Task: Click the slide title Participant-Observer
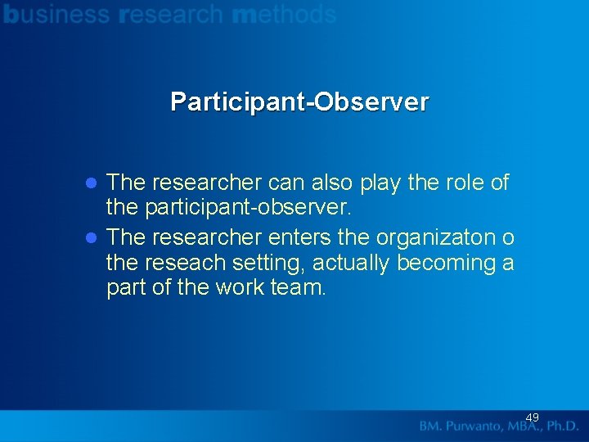[299, 102]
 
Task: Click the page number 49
[532, 417]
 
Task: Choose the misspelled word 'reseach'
[185, 263]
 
